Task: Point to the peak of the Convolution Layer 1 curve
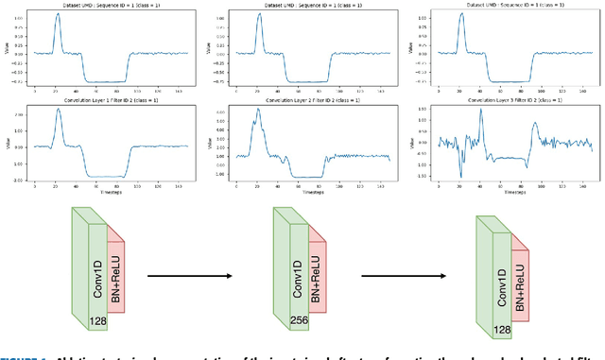tap(58, 111)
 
